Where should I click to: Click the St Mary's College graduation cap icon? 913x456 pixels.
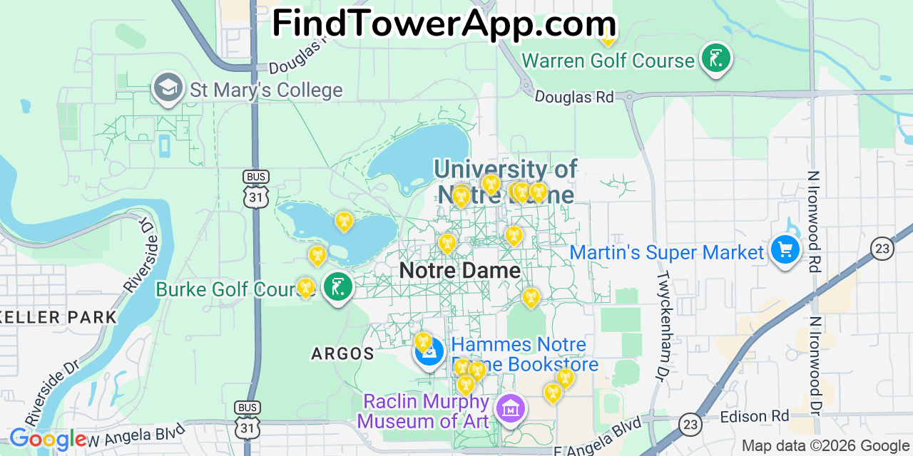168,88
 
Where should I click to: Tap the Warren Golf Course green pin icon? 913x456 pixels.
715,58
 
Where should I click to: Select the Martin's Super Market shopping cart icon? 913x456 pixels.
785,250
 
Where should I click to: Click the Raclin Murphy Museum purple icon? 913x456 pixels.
511,409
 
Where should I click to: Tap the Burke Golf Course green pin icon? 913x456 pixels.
337,287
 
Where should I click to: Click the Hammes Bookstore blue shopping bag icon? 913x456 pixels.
429,353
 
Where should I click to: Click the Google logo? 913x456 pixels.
47,438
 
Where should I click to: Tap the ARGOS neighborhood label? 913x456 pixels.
343,353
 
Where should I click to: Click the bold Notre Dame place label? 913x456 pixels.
459,271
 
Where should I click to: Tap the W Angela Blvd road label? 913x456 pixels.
133,433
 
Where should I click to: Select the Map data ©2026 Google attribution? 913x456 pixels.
825,446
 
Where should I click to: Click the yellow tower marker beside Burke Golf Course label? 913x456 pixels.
305,287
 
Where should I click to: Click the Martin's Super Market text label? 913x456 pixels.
667,252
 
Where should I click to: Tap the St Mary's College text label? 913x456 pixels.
266,90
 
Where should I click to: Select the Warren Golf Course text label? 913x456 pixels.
608,61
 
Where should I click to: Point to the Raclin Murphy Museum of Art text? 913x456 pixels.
426,411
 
